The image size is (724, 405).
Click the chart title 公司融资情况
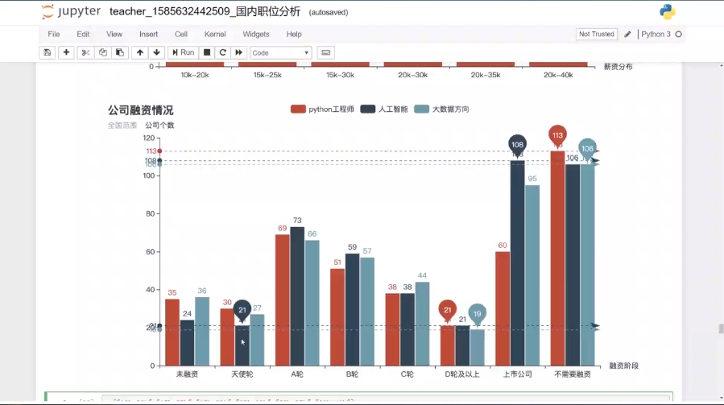coord(140,110)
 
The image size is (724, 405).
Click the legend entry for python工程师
coord(322,109)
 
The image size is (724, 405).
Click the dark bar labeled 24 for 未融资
coord(187,343)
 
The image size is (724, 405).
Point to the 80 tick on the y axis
coord(150,214)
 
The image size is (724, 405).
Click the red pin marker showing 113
coord(557,135)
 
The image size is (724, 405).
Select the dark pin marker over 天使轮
coord(242,310)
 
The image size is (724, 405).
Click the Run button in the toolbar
coord(183,52)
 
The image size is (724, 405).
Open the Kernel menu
coord(215,34)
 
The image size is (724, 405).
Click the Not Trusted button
coord(596,34)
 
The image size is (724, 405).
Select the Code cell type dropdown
coord(280,52)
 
